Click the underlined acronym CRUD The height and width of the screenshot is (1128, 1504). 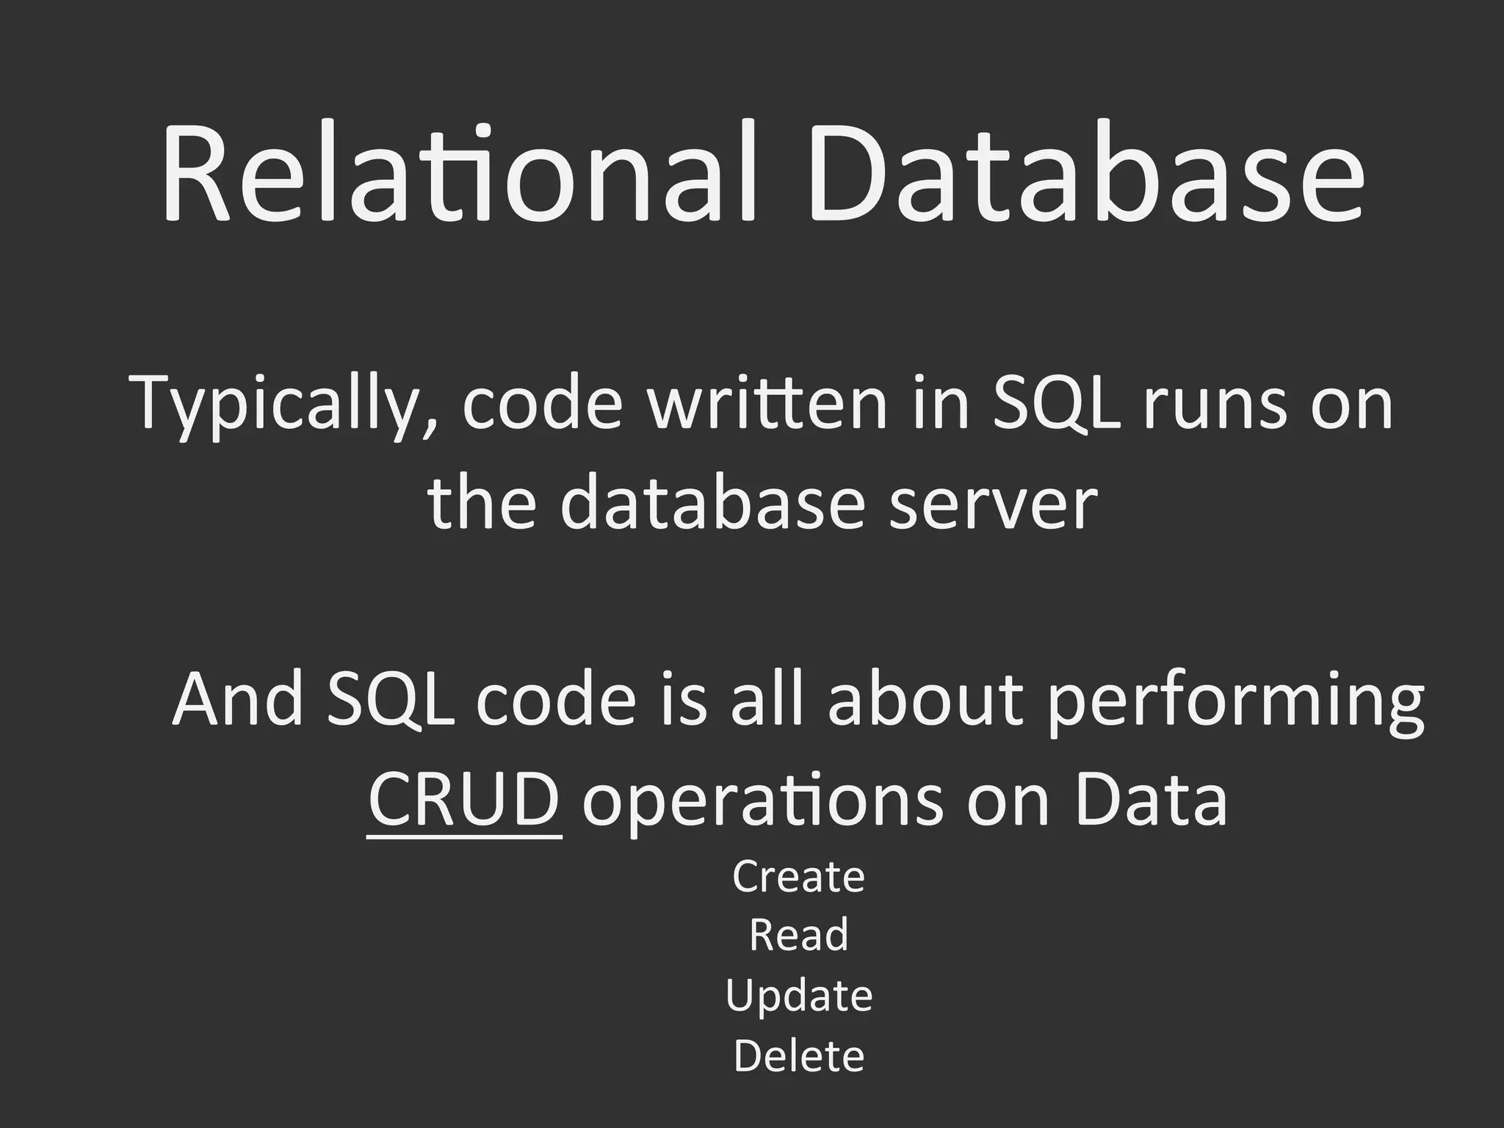[x=464, y=799]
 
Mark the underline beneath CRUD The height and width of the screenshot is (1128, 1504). [x=464, y=836]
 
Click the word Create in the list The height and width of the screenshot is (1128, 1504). [x=799, y=876]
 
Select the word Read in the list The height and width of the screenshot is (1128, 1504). [x=799, y=935]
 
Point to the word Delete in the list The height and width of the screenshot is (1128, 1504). [x=799, y=1055]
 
